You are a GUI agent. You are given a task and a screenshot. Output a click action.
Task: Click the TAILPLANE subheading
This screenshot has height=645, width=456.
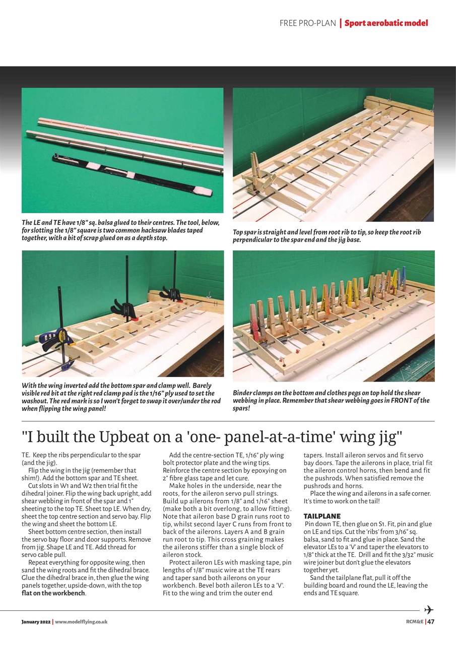coord(322,517)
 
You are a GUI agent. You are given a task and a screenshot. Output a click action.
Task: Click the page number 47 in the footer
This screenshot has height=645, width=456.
coord(431,621)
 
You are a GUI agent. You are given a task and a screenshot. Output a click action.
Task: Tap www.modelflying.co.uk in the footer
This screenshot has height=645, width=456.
coord(81,622)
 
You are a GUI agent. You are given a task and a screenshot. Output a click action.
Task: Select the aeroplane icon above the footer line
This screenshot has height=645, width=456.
coord(429,609)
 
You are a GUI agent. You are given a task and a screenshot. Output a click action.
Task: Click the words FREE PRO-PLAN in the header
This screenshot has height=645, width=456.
coord(307,23)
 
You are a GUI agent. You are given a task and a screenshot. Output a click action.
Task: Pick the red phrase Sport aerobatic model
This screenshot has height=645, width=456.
coord(386,23)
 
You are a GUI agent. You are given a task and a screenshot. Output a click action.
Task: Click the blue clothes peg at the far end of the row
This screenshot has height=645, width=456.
coord(403,277)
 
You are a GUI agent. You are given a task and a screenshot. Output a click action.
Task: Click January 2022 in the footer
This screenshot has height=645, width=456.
coord(36,622)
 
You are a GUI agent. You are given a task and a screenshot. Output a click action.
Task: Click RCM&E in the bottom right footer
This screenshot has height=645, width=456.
coord(415,621)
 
